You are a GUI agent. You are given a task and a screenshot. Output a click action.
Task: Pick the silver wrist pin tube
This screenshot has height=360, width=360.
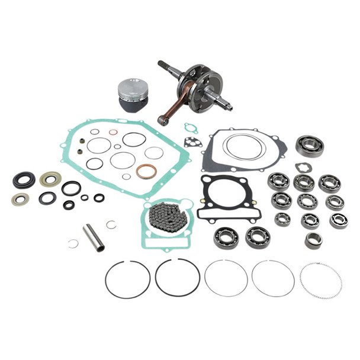(94, 236)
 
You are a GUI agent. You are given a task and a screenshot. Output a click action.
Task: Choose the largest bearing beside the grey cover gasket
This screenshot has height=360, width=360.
(310, 146)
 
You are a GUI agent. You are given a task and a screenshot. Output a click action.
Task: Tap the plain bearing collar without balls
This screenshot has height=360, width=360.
(313, 240)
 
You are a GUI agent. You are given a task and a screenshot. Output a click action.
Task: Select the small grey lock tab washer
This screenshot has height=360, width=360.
(301, 167)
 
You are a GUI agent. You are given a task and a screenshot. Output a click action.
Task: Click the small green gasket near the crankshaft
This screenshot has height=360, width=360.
(190, 127)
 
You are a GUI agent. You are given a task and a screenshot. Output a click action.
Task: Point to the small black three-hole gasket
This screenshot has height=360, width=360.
(191, 142)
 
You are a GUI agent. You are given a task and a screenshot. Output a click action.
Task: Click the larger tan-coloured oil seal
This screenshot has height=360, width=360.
(50, 179)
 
